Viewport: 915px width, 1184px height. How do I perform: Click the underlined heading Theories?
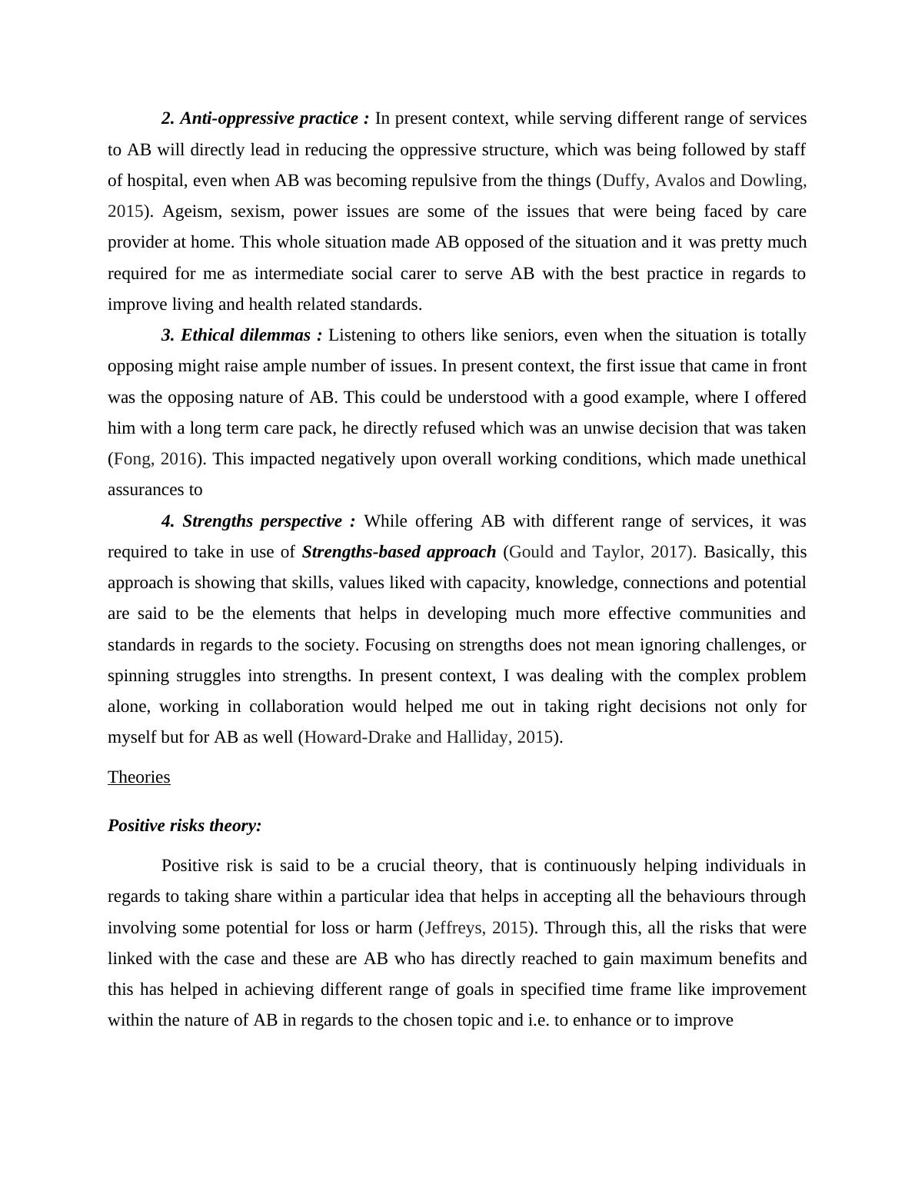coord(138,777)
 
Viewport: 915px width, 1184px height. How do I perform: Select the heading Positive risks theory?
coord(185,826)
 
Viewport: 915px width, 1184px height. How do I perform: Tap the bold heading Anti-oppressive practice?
coord(265,118)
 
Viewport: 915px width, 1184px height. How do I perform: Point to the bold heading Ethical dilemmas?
coord(242,335)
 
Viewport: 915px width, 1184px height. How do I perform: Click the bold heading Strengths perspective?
coord(258,521)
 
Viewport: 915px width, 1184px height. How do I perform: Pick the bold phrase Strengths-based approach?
coord(399,552)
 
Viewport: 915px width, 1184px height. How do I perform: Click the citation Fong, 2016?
coord(155,459)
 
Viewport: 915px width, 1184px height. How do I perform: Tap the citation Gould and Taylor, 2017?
coord(597,552)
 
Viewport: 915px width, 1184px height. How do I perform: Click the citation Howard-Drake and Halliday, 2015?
coord(429,737)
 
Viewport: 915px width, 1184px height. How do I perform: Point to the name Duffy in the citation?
coord(624,181)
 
